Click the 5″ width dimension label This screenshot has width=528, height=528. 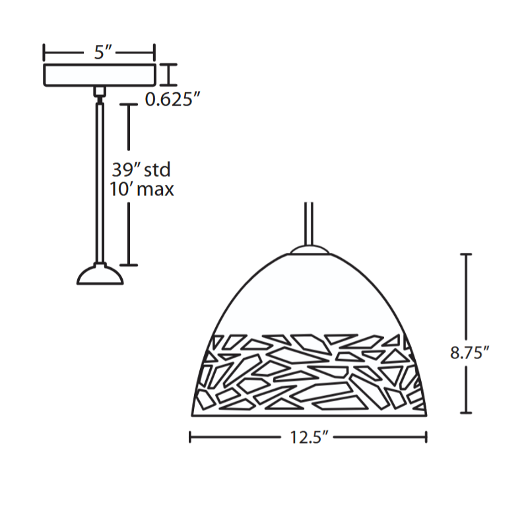(103, 52)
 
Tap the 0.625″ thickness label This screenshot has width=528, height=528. (172, 100)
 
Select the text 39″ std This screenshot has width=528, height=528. (141, 170)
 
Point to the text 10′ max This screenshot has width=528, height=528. (142, 189)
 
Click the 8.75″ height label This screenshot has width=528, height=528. (469, 352)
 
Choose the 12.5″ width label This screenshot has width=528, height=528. (309, 438)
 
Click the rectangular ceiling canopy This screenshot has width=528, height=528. (100, 75)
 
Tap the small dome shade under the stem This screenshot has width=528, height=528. (100, 275)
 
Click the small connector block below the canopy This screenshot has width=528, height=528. (100, 91)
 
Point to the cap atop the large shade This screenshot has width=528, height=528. (310, 249)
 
